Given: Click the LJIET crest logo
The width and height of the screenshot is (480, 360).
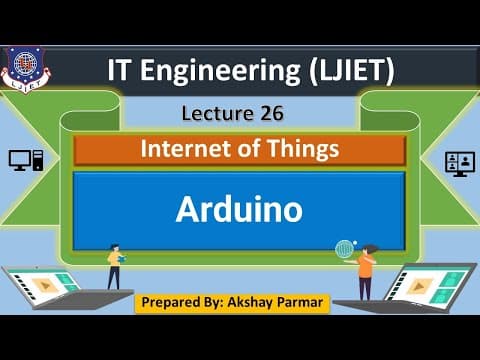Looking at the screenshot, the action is point(25,69).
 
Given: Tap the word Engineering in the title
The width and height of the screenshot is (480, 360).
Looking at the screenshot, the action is point(220,71).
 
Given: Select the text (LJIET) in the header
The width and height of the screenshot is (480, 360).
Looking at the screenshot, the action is point(351,71).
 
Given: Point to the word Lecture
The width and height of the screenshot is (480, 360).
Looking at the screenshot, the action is point(218,113).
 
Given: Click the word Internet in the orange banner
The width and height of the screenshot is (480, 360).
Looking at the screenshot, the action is point(186,148).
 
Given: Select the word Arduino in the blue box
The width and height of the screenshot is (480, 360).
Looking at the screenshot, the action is point(239,209).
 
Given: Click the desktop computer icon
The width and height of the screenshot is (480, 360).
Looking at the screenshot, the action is point(26,160).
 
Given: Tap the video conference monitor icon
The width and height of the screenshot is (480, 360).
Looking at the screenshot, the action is point(460,164).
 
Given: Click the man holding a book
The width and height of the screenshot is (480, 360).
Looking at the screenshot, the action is point(115,267).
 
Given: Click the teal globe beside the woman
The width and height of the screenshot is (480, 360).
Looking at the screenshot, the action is point(344,249).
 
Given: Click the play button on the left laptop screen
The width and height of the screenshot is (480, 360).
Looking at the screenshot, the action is point(45,285).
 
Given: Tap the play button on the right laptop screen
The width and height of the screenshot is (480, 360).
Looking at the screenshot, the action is point(418,286).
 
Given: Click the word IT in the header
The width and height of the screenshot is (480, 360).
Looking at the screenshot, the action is point(118,70).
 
